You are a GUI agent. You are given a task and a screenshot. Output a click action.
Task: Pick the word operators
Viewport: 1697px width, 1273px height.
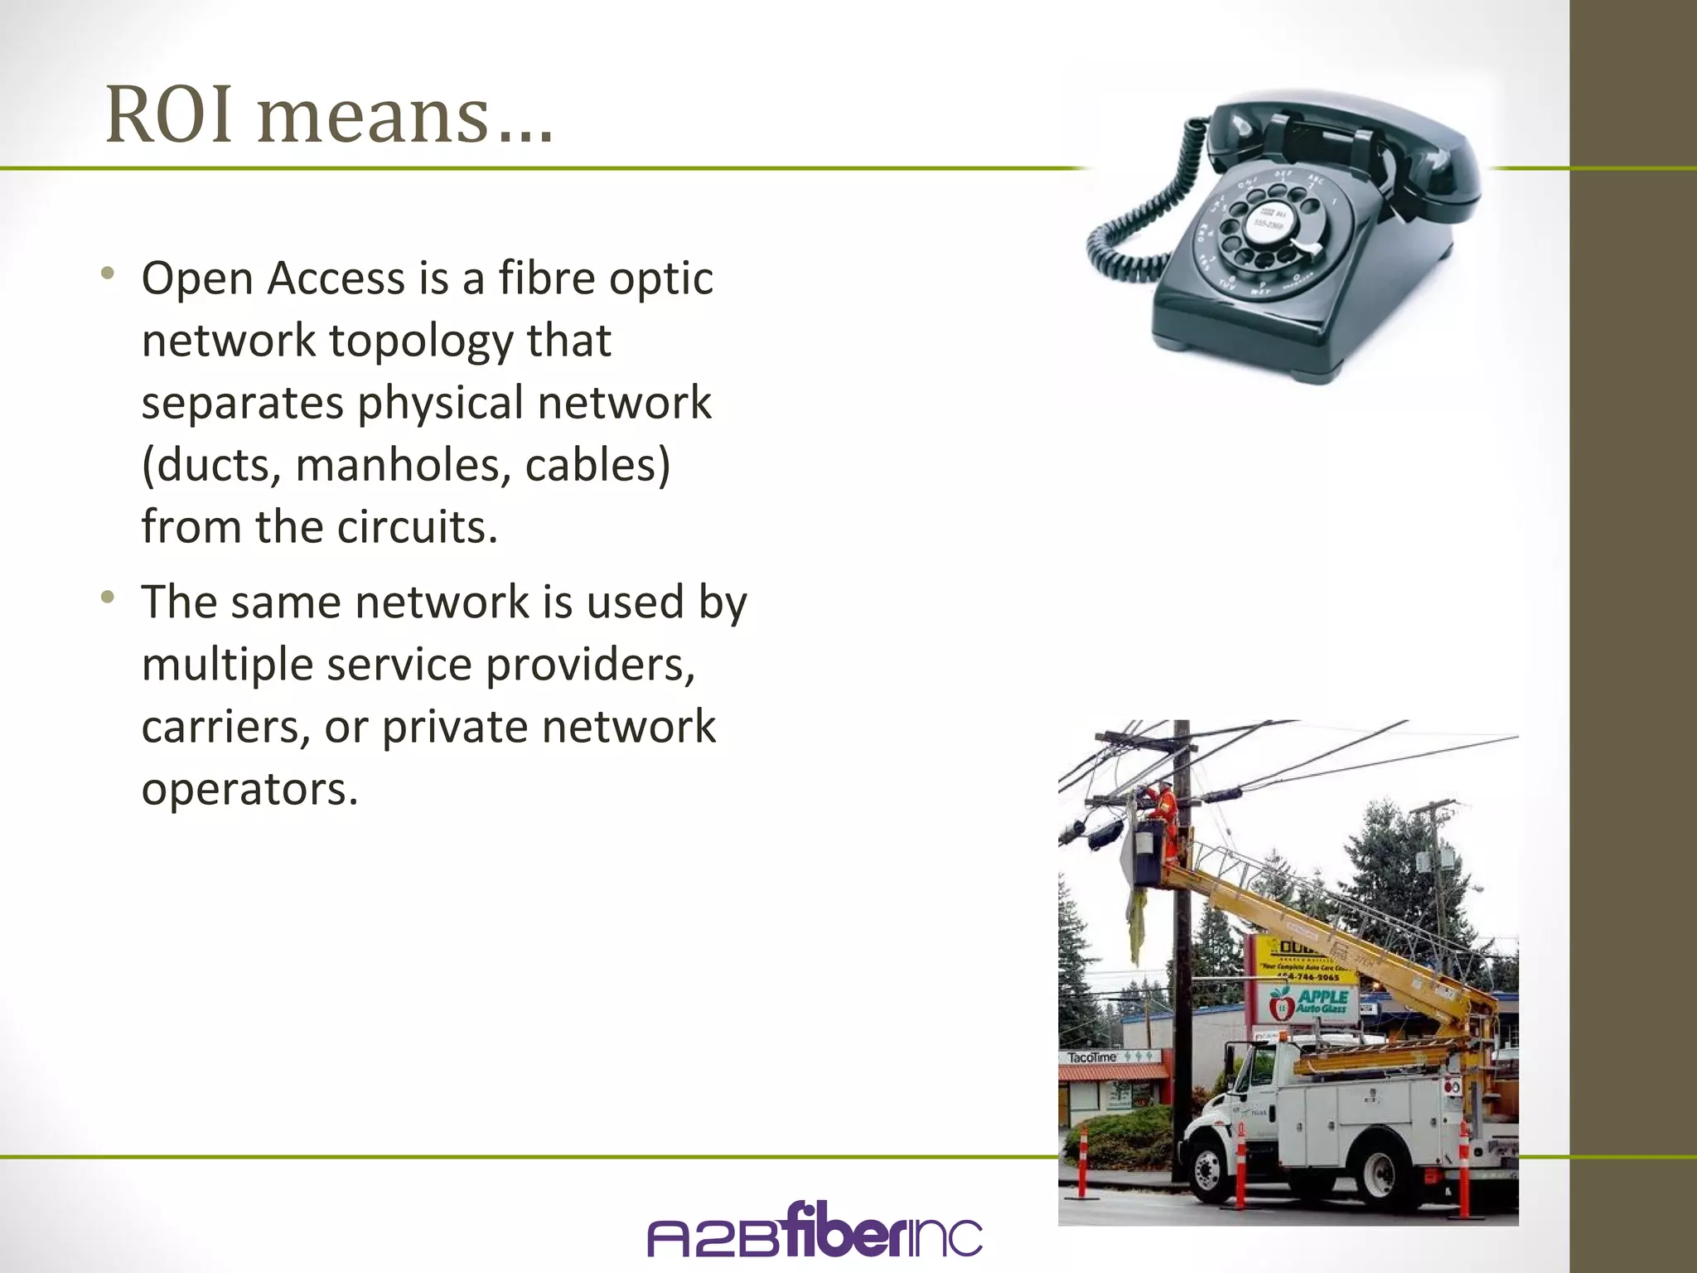pyautogui.click(x=249, y=789)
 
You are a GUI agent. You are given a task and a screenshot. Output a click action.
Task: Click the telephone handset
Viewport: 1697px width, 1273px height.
pyautogui.click(x=1342, y=141)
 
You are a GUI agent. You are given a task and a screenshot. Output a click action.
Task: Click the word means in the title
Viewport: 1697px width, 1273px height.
pyautogui.click(x=373, y=116)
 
